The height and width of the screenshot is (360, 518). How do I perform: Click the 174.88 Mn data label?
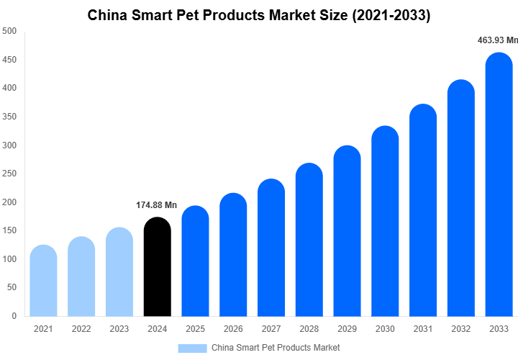point(156,205)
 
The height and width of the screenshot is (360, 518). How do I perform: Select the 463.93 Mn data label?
point(497,40)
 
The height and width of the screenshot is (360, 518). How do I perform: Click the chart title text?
point(259,15)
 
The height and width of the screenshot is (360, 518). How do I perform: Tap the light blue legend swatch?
point(192,348)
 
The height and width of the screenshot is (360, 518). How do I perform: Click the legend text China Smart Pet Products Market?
point(276,348)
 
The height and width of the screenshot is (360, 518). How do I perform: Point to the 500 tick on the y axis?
point(10,31)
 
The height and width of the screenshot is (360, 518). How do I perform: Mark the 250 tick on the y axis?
point(10,174)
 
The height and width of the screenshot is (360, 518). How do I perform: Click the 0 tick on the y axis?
point(14,315)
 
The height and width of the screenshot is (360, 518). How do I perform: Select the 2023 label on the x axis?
point(119,329)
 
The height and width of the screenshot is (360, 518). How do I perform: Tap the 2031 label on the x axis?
point(423,329)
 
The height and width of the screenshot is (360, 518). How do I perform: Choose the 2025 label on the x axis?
point(195,329)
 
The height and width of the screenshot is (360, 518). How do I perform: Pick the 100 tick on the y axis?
point(10,258)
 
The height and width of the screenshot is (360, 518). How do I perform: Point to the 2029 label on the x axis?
point(347,329)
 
